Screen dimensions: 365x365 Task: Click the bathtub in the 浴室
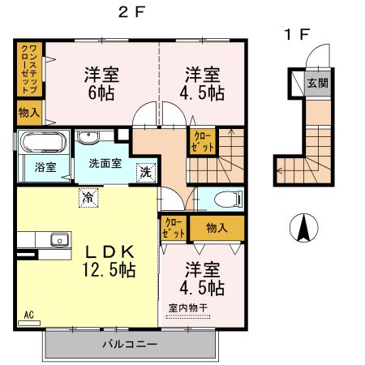[44, 142]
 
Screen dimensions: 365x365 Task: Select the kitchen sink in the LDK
[59, 240]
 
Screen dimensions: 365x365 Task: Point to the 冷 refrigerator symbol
[88, 198]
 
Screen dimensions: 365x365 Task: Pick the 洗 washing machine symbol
[146, 173]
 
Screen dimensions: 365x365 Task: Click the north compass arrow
[303, 227]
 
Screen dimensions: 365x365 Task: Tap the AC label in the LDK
[29, 315]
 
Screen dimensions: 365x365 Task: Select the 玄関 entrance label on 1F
[318, 83]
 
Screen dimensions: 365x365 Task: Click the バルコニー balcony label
[130, 344]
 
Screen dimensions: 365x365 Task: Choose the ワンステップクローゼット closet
[30, 70]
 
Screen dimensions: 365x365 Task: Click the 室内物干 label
[188, 307]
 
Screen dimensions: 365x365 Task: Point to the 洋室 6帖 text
[101, 84]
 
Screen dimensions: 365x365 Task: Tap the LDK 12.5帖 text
[109, 261]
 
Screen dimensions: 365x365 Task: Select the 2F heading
[131, 12]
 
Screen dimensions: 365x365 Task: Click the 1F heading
[297, 35]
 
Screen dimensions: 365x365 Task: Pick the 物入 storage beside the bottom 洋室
[217, 228]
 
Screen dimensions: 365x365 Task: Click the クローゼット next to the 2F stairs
[203, 141]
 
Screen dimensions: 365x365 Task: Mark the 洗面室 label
[105, 164]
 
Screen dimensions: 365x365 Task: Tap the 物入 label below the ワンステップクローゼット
[29, 112]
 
